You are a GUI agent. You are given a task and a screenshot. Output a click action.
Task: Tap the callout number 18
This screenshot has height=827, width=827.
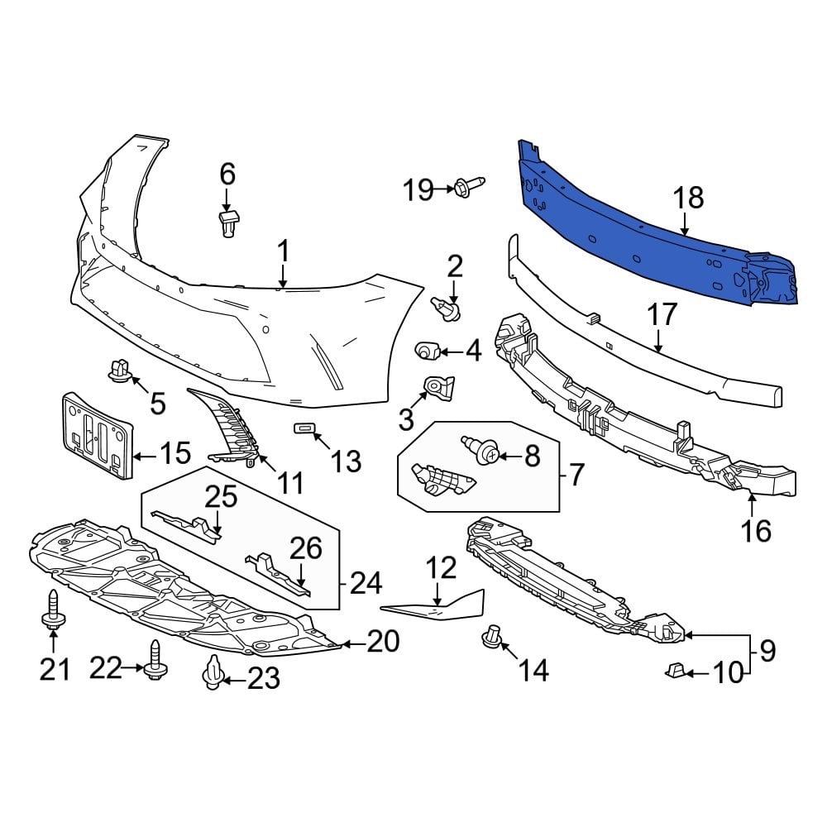click(688, 198)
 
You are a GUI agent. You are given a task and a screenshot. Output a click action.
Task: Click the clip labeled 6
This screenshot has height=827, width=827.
click(227, 223)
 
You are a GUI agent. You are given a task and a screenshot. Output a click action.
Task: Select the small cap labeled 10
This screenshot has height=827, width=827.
click(674, 669)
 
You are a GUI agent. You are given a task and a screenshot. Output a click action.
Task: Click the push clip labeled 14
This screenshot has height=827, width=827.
click(493, 638)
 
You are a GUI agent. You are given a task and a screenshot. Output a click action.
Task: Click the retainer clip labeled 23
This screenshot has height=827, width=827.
click(213, 675)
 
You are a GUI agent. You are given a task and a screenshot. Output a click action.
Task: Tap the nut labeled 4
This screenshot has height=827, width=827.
click(428, 351)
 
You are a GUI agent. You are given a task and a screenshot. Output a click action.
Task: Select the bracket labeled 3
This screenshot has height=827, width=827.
click(435, 388)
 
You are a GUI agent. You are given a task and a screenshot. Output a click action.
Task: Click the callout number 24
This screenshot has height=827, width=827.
click(365, 584)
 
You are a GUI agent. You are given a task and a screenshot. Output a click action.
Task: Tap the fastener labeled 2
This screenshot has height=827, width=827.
click(447, 310)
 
